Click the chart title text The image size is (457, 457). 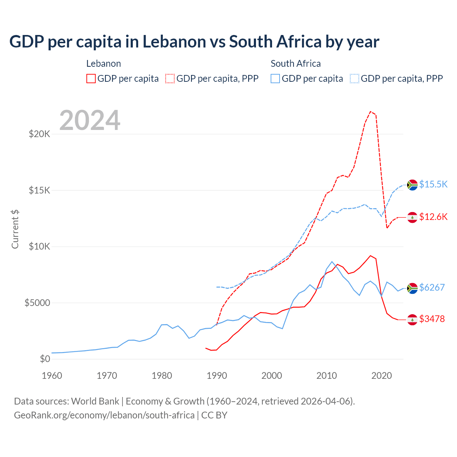(194, 42)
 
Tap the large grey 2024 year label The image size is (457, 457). (90, 120)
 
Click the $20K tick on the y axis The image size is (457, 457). (39, 134)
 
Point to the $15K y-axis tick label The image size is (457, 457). (39, 190)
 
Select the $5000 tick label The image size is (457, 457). (37, 303)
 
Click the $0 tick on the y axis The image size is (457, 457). (45, 359)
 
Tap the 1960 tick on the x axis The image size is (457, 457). (52, 376)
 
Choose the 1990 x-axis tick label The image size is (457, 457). (217, 376)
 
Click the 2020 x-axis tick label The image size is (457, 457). (381, 376)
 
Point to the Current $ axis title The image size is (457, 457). (15, 229)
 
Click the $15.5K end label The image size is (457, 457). (433, 184)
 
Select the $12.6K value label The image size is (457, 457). (433, 217)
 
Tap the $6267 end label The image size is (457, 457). (432, 287)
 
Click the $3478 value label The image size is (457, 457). (432, 319)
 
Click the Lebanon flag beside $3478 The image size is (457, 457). (412, 320)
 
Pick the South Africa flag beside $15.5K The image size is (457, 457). (412, 185)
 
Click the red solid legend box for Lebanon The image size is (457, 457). (91, 79)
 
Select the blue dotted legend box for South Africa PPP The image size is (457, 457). (355, 79)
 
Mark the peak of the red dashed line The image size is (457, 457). (371, 111)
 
